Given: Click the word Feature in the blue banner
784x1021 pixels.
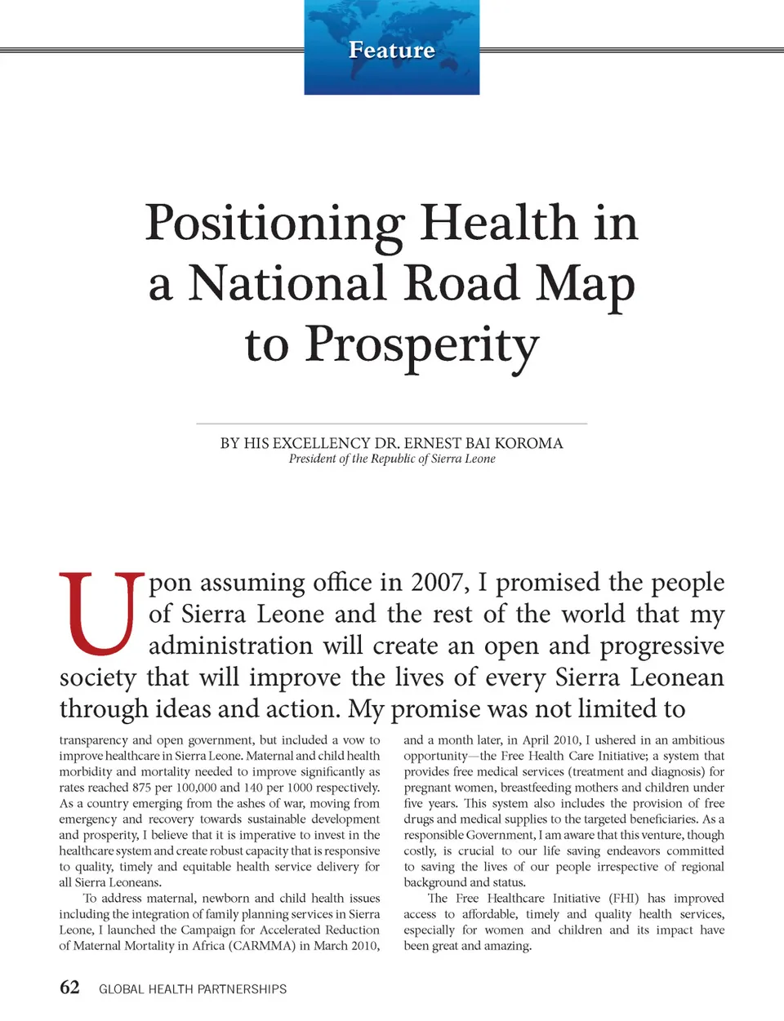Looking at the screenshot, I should [x=392, y=50].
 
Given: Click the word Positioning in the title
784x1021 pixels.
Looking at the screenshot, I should [x=275, y=223].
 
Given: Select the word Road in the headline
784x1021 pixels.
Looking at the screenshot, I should [x=461, y=283].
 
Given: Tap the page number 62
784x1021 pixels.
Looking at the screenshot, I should [x=69, y=988].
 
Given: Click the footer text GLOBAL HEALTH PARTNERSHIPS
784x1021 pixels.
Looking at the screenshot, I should [x=193, y=989].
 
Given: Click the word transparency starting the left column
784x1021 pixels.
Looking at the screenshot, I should [x=93, y=740].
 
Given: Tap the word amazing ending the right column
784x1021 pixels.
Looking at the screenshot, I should [x=508, y=946].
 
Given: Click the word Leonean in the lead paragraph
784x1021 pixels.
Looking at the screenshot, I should [x=682, y=677].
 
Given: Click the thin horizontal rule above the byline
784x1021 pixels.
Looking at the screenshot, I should [x=392, y=424].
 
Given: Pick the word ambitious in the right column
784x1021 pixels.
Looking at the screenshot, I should [x=697, y=740].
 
